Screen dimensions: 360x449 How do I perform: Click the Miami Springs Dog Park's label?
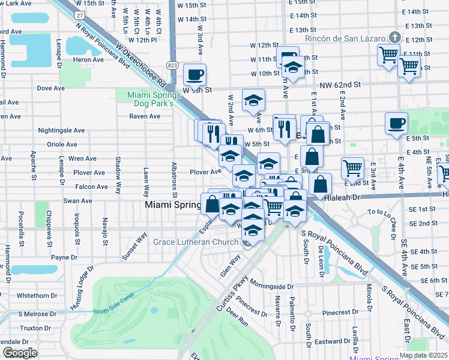(x=154, y=99)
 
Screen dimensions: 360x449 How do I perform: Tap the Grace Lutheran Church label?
(x=196, y=242)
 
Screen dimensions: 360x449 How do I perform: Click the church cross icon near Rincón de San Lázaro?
(x=394, y=37)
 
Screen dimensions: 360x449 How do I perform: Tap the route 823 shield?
(x=173, y=65)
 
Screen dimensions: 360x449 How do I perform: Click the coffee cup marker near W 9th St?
(x=194, y=75)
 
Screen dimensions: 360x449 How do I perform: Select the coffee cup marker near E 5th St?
(x=396, y=124)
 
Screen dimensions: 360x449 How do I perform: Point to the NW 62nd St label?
(x=340, y=86)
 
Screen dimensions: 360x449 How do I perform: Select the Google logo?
(x=20, y=352)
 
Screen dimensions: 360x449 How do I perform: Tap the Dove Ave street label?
(x=50, y=88)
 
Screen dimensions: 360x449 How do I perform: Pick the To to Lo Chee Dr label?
(x=388, y=212)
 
